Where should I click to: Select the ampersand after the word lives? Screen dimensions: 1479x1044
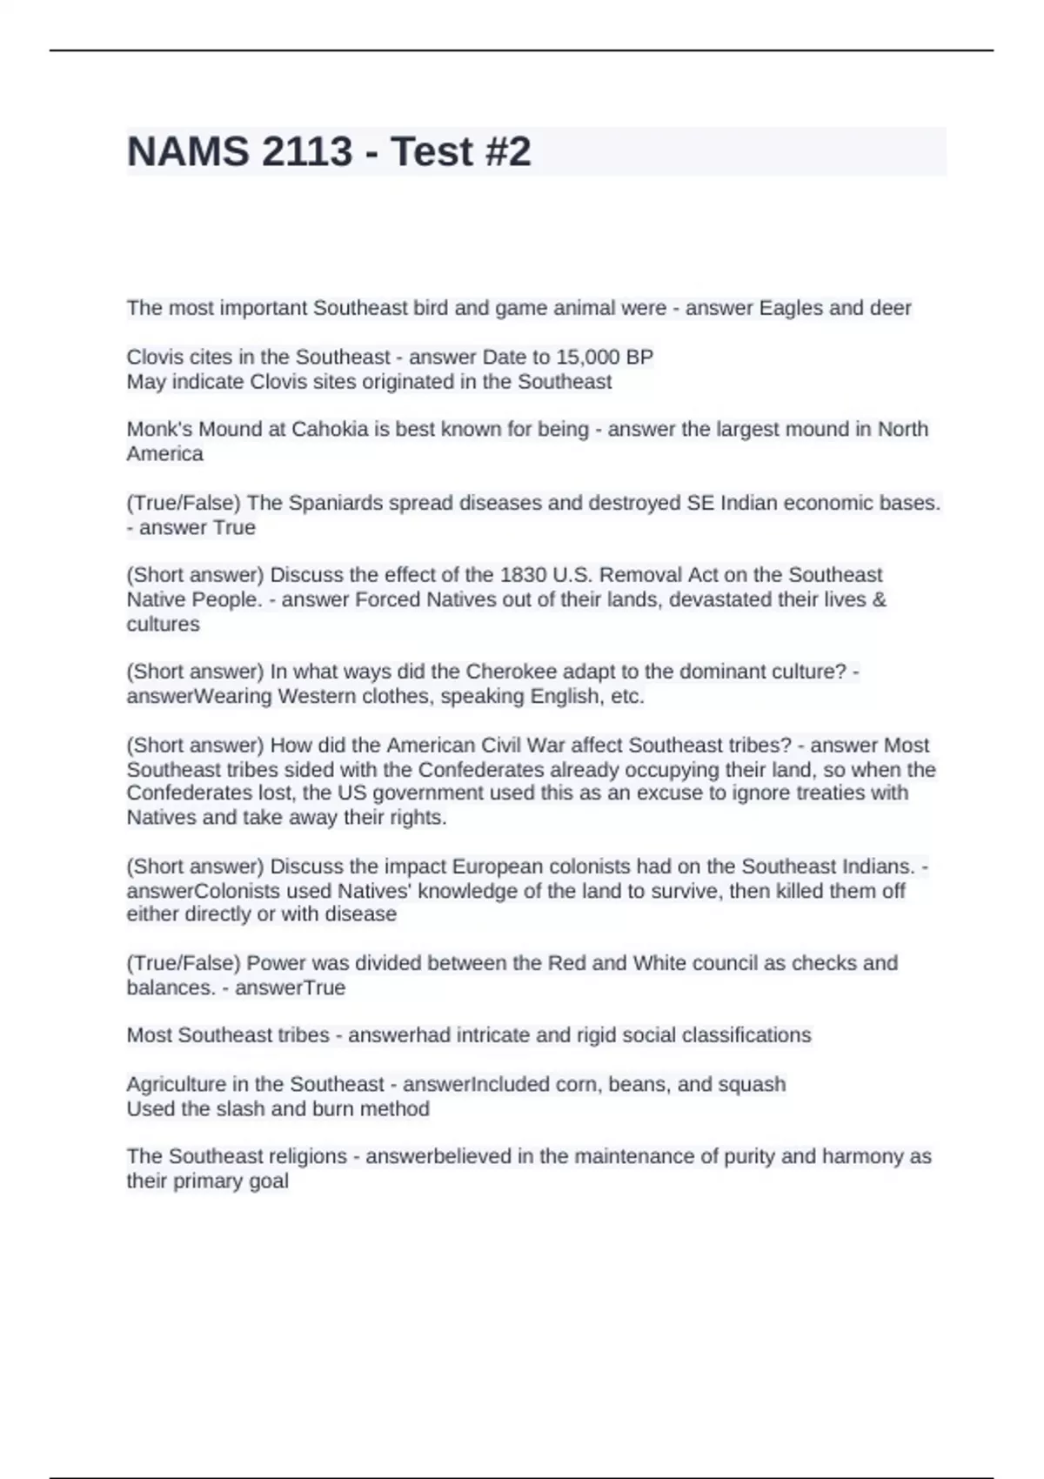[880, 599]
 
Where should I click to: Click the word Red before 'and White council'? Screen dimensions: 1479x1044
[566, 963]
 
